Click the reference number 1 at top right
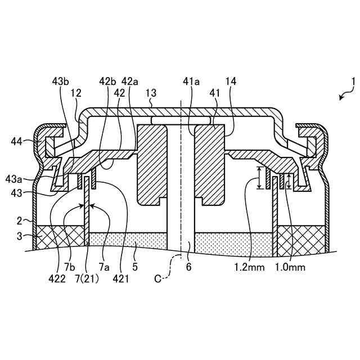[353, 82]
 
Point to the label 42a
[129, 82]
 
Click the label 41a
[192, 82]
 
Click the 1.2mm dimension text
[250, 267]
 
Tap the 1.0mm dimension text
[291, 267]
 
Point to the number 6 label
[189, 267]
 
